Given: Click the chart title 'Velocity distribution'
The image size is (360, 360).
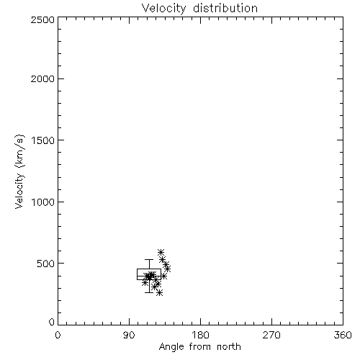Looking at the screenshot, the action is point(199,9).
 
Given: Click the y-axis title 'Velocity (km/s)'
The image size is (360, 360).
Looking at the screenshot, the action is point(19,171).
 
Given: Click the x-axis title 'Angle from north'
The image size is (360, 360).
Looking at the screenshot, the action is point(199,347).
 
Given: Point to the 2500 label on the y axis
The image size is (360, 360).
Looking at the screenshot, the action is point(42,19).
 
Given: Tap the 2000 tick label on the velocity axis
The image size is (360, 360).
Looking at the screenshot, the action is point(42,78).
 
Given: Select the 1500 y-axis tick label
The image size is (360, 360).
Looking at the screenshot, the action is point(43,140).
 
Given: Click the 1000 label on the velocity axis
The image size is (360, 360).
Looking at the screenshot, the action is point(43,202).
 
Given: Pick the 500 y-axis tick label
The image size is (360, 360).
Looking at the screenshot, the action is point(45,264).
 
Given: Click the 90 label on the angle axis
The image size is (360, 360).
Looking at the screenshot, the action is point(129,335).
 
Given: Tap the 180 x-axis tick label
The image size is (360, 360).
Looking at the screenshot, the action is point(200,335).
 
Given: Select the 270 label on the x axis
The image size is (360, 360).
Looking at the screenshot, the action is point(271,335).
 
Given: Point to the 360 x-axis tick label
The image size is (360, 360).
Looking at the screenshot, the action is point(343,335).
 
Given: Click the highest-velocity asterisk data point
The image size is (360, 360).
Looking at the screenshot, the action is point(161,252).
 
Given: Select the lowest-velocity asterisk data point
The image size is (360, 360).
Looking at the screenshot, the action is point(159,292).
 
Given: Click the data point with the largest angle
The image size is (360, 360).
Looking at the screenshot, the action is point(168,269).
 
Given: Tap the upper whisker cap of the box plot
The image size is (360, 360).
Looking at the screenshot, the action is point(149,259).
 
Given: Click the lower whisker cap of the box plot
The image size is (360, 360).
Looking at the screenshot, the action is point(149,292).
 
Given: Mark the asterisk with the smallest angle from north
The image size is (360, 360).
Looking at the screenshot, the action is point(145,282).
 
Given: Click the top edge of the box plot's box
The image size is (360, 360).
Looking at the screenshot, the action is point(149,269).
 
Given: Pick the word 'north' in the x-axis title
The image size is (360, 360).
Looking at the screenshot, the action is point(229,347).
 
